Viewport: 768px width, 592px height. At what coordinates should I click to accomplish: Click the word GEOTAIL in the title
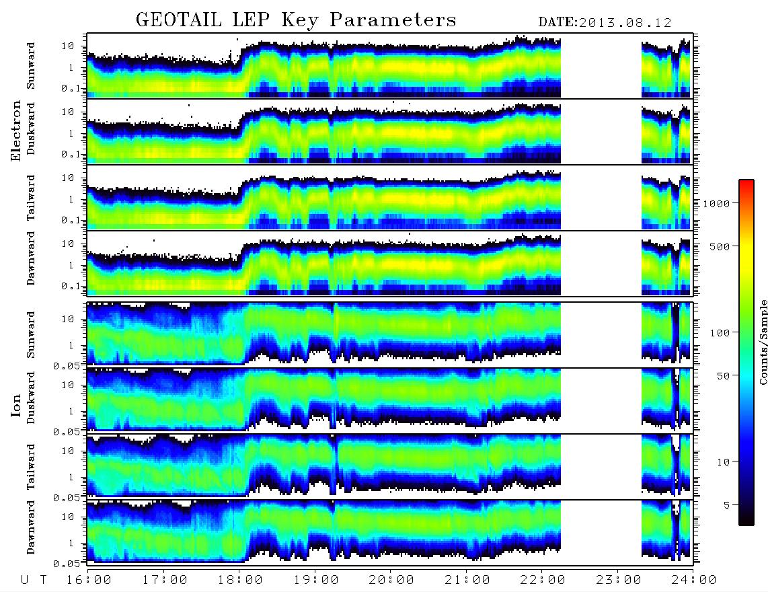pyautogui.click(x=180, y=20)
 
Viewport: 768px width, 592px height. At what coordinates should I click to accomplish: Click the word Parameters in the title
pyautogui.click(x=393, y=20)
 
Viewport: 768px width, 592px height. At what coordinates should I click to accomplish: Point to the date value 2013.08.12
pyautogui.click(x=625, y=23)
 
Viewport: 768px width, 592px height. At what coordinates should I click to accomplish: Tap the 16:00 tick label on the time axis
pyautogui.click(x=89, y=580)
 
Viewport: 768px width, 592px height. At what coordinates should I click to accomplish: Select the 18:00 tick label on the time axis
pyautogui.click(x=240, y=580)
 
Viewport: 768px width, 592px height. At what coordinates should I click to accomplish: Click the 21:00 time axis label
pyautogui.click(x=467, y=580)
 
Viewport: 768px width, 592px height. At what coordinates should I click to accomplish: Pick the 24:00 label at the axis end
pyautogui.click(x=693, y=580)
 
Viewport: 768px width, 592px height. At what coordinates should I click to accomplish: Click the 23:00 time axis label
pyautogui.click(x=618, y=580)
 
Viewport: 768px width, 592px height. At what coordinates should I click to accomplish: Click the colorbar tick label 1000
pyautogui.click(x=717, y=203)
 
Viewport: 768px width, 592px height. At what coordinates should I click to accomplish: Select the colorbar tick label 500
pyautogui.click(x=720, y=246)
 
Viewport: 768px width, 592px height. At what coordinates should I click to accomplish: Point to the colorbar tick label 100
pyautogui.click(x=720, y=333)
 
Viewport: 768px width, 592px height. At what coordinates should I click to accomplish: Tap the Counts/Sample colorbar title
pyautogui.click(x=763, y=342)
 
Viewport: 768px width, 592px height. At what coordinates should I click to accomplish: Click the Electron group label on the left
pyautogui.click(x=15, y=131)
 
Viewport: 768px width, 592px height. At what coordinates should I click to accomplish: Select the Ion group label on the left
pyautogui.click(x=15, y=406)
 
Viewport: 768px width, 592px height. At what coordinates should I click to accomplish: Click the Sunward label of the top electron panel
pyautogui.click(x=31, y=66)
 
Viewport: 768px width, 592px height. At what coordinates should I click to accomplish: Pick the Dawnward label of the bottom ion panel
pyautogui.click(x=31, y=527)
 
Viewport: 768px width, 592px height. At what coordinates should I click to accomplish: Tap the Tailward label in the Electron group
pyautogui.click(x=31, y=198)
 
